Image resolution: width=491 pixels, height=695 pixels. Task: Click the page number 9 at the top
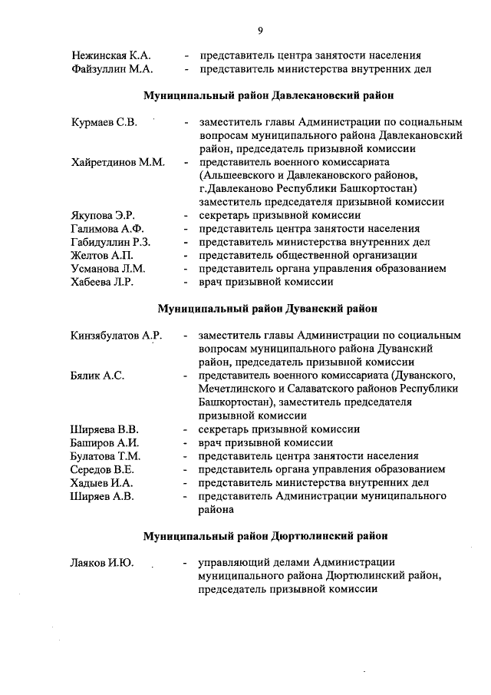point(260,30)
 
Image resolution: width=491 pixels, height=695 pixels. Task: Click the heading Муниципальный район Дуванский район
point(269,309)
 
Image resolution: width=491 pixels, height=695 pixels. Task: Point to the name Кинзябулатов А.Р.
point(116,336)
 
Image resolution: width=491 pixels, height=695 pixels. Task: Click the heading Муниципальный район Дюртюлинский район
point(269,535)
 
